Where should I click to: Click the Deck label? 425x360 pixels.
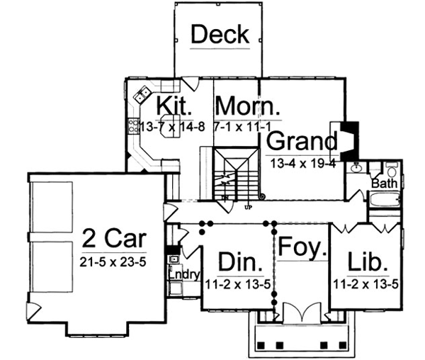click(220, 33)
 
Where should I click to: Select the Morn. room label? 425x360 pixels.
click(248, 106)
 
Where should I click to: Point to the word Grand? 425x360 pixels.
click(301, 140)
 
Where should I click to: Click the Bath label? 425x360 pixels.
click(384, 184)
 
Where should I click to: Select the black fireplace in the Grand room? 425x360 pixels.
click(348, 140)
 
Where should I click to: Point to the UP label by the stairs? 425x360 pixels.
click(248, 208)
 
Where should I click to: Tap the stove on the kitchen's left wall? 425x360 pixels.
click(132, 128)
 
